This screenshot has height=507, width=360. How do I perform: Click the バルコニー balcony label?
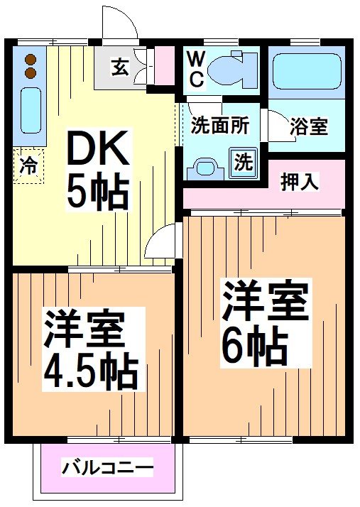pos(107,469)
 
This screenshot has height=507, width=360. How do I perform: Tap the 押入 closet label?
pos(300,182)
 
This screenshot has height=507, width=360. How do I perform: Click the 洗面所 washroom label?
pos(219,125)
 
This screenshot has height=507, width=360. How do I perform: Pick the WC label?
pos(196,69)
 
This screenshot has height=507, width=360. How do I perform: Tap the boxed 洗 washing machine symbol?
pos(243,162)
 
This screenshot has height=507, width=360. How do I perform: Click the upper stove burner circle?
pos(30,60)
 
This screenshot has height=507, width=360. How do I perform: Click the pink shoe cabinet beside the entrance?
pos(164,65)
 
